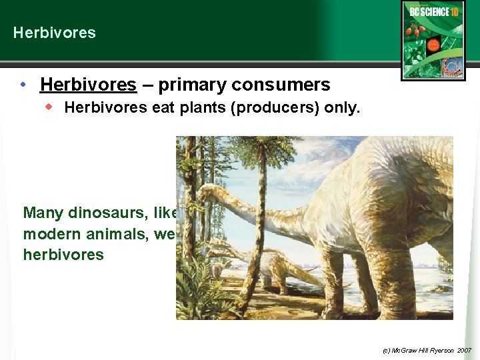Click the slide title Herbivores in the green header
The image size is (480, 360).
coord(54,33)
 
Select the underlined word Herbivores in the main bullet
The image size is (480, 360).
coord(88,85)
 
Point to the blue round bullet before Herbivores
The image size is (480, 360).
coord(23,85)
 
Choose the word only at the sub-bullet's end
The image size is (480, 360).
coord(343,108)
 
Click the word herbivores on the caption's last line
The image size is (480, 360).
coord(63,255)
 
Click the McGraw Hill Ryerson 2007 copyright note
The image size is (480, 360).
coord(427,349)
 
